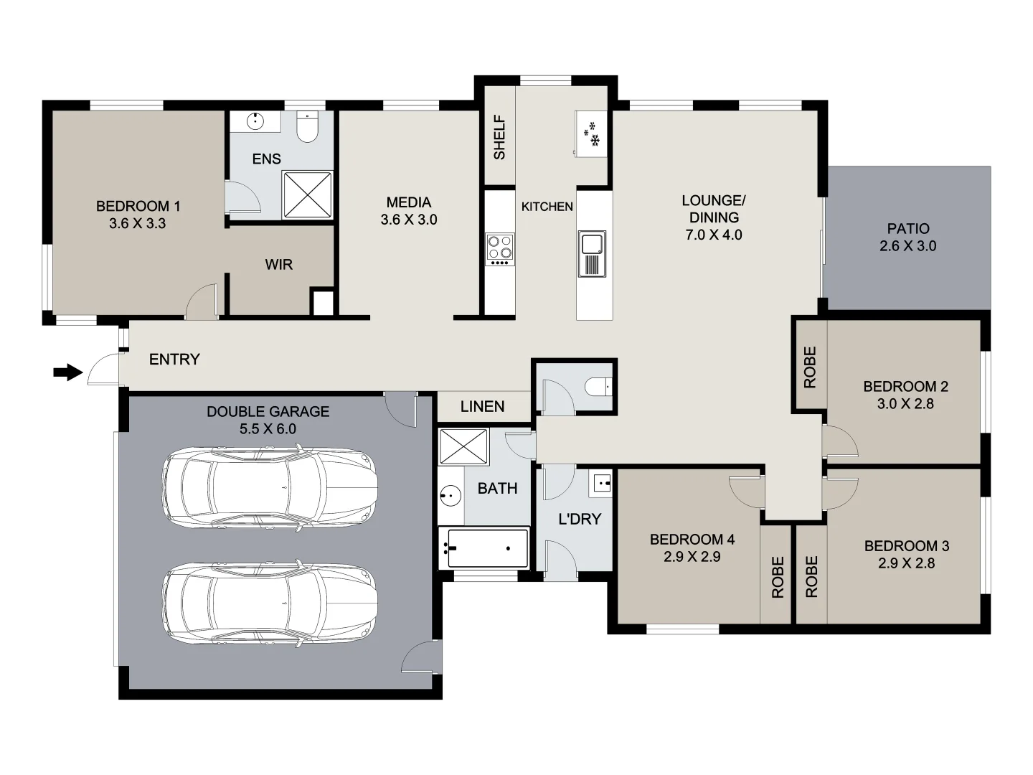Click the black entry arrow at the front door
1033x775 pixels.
pyautogui.click(x=68, y=372)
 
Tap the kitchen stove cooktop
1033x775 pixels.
pyautogui.click(x=500, y=248)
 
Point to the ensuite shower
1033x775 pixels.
pyautogui.click(x=308, y=194)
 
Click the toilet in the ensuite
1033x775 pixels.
pyautogui.click(x=308, y=127)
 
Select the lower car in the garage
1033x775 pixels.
pyautogui.click(x=269, y=601)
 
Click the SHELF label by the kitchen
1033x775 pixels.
pyautogui.click(x=499, y=137)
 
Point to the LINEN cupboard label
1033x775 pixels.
pyautogui.click(x=482, y=407)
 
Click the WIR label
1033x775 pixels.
pyautogui.click(x=278, y=265)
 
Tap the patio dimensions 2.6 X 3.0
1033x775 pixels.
pyautogui.click(x=907, y=246)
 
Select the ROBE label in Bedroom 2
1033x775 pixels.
pyautogui.click(x=810, y=367)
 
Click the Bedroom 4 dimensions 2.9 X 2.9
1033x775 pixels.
pyautogui.click(x=692, y=557)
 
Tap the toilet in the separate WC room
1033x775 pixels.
pyautogui.click(x=598, y=388)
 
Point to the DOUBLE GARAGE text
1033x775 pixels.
pyautogui.click(x=268, y=412)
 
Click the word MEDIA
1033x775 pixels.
pyautogui.click(x=408, y=202)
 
